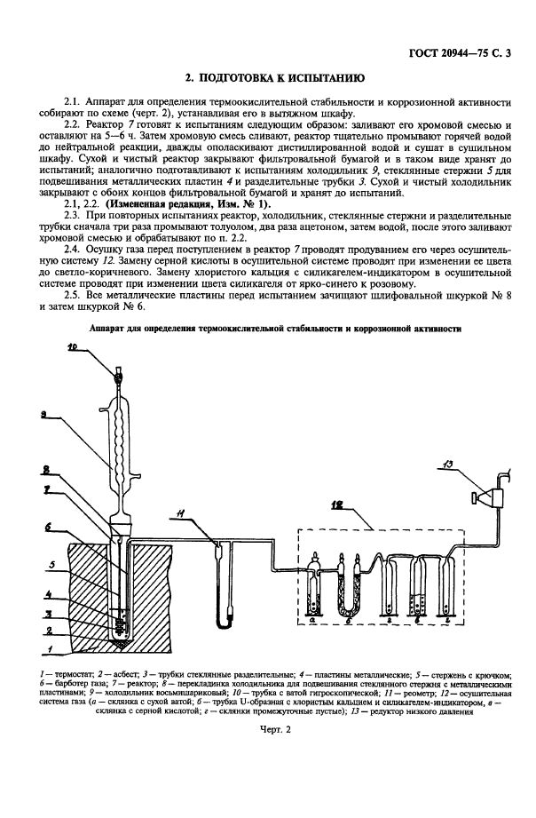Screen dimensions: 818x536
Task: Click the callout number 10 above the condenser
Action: [96, 348]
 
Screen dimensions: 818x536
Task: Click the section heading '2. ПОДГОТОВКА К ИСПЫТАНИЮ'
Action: [268, 79]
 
